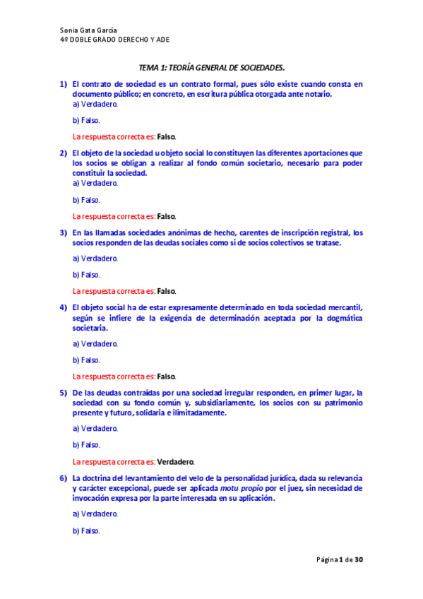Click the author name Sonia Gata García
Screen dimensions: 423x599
pos(88,30)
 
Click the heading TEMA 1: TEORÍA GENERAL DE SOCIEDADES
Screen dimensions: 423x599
pos(211,68)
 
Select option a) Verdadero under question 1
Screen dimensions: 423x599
pos(95,103)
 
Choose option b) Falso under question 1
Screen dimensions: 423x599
pos(86,120)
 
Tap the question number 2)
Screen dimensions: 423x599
pos(63,153)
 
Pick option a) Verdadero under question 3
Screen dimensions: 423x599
pos(95,258)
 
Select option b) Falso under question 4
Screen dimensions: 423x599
pos(86,360)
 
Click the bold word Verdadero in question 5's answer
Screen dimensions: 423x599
pos(175,462)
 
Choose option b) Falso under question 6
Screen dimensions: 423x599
pos(86,530)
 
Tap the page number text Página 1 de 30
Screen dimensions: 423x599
pos(340,560)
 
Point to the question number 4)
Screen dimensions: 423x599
pos(63,308)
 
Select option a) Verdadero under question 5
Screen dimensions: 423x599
pos(95,428)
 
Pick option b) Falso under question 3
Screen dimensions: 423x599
pos(86,275)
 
